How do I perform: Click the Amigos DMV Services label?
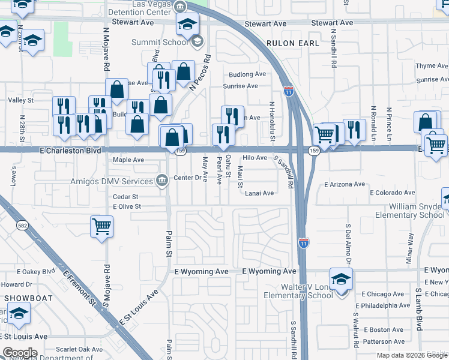coord(112,181)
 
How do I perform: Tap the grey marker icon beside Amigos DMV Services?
coord(161,181)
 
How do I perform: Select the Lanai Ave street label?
coord(259,193)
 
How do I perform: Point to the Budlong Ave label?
coord(247,74)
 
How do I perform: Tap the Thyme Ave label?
coord(432,66)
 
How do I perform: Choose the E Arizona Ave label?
coord(345,185)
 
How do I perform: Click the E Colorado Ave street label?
coord(392,193)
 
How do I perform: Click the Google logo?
coord(20,352)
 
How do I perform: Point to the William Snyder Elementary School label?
coord(411,211)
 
